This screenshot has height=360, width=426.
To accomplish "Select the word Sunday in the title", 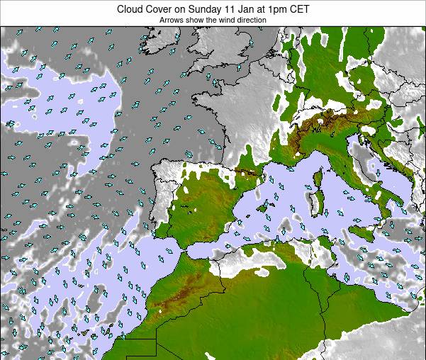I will [209, 9].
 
